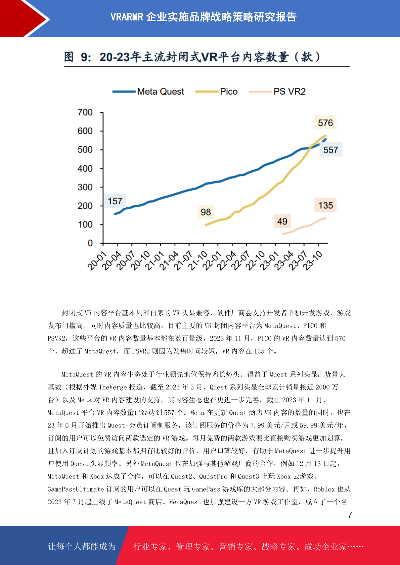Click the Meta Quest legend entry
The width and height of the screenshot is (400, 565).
click(x=148, y=92)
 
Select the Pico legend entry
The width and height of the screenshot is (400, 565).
click(x=216, y=92)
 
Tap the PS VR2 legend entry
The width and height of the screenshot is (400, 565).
click(x=277, y=92)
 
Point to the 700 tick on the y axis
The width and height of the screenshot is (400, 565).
click(x=85, y=112)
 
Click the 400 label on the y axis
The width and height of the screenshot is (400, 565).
click(x=85, y=168)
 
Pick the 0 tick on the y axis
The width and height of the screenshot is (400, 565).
click(x=90, y=243)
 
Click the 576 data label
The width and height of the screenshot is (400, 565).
click(x=325, y=123)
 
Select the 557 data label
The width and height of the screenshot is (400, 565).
click(x=330, y=150)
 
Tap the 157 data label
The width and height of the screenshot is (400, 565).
click(x=115, y=201)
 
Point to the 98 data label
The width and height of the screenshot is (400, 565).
click(x=206, y=212)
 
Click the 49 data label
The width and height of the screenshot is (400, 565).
click(x=282, y=221)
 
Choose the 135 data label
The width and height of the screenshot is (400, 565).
click(x=325, y=205)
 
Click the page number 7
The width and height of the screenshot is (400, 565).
click(x=350, y=515)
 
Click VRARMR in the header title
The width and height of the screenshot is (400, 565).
click(x=127, y=17)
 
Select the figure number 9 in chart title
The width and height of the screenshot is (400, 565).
click(x=84, y=57)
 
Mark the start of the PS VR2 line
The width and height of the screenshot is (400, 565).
click(x=282, y=234)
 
